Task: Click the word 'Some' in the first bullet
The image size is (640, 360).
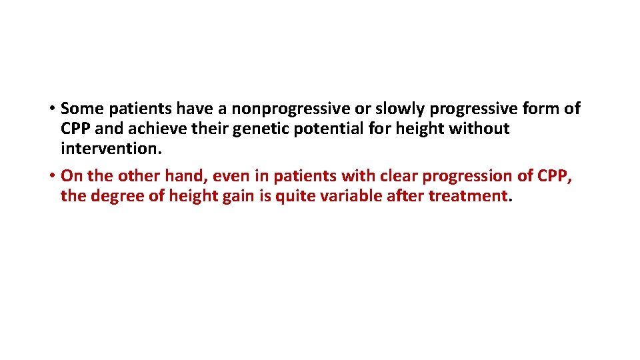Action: pyautogui.click(x=82, y=108)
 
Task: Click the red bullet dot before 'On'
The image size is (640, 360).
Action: pyautogui.click(x=51, y=177)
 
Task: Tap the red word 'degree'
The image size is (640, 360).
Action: pyautogui.click(x=110, y=196)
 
